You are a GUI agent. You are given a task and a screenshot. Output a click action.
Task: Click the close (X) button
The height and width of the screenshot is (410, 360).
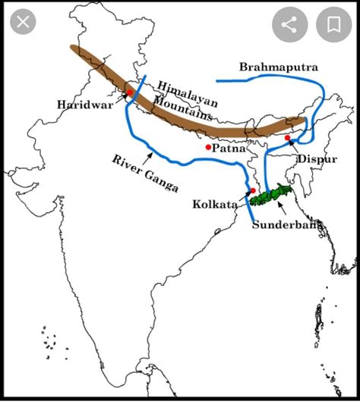click(23, 23)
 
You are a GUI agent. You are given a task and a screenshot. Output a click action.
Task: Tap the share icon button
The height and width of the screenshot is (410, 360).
click(289, 25)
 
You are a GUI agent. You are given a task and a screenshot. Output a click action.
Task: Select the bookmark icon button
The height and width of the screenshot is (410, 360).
click(333, 25)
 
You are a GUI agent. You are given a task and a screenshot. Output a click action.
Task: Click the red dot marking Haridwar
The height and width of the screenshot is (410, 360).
click(130, 93)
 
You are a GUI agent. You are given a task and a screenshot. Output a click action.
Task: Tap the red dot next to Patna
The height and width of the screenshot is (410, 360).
click(207, 147)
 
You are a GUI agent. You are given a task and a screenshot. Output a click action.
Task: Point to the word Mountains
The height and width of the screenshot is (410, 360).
click(182, 109)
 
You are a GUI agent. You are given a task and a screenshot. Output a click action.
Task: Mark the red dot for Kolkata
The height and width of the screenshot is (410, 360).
click(252, 191)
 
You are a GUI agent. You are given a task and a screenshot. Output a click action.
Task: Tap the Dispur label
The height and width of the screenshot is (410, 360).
click(317, 158)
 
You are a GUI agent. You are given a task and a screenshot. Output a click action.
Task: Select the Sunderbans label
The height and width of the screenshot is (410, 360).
click(288, 224)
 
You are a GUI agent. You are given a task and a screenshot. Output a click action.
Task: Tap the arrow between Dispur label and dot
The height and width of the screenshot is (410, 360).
click(298, 146)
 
